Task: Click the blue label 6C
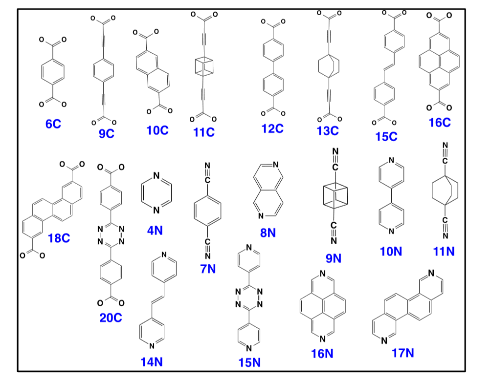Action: pyautogui.click(x=53, y=124)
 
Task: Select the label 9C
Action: pyautogui.click(x=106, y=133)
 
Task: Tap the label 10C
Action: pyautogui.click(x=157, y=130)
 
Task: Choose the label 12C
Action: pyautogui.click(x=272, y=128)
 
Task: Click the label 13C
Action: pyautogui.click(x=327, y=130)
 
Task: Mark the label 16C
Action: pyautogui.click(x=439, y=123)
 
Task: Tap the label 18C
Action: pyautogui.click(x=59, y=238)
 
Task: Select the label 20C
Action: pyautogui.click(x=111, y=318)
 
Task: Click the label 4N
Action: pyautogui.click(x=155, y=230)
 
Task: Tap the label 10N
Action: pyautogui.click(x=391, y=252)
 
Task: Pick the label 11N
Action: pyautogui.click(x=444, y=252)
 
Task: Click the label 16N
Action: pyautogui.click(x=322, y=354)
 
